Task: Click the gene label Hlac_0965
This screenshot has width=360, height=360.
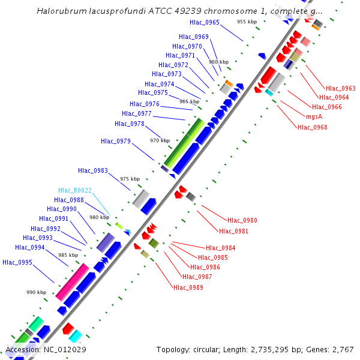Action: click(204, 23)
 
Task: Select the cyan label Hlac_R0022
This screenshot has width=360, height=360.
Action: click(75, 190)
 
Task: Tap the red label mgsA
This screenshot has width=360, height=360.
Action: click(314, 116)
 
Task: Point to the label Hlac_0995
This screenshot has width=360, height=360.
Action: click(17, 262)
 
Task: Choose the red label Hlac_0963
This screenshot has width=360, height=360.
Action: click(340, 88)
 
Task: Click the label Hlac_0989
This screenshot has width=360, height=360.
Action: click(188, 287)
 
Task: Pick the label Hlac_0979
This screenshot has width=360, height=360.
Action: click(116, 141)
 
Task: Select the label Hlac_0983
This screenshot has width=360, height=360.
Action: click(92, 171)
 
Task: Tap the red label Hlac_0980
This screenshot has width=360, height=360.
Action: click(242, 220)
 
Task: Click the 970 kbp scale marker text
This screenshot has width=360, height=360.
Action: click(160, 140)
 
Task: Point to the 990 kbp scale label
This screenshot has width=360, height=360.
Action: click(36, 292)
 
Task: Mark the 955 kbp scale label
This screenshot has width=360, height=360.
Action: click(247, 22)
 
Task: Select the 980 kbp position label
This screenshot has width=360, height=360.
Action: click(99, 217)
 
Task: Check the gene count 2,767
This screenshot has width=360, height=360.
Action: click(343, 349)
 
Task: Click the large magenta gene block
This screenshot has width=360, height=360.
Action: click(72, 281)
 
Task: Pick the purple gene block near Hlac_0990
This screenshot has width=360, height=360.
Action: click(105, 242)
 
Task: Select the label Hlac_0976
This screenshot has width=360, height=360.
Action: click(144, 104)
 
